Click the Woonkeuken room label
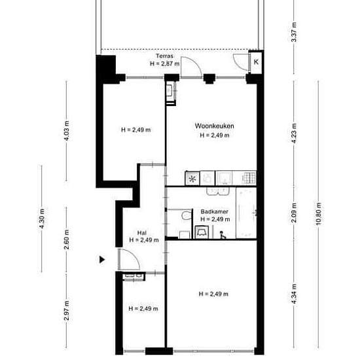pos(215,126)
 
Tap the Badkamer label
pos(215,211)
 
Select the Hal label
pos(141,233)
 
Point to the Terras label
pos(164,56)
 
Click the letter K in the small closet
pos(256,62)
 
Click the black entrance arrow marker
pos(102,260)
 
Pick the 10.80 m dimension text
pos(318,214)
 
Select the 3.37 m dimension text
pos(294,32)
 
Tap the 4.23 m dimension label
pos(294,134)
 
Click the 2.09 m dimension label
pos(294,213)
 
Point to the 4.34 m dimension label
pos(294,294)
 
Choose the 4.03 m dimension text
pos(66,131)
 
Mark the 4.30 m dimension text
pos(41,219)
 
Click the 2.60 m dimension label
pos(66,240)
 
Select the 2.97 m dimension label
pos(66,310)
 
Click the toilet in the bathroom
pos(187,215)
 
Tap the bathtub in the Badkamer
pos(246,213)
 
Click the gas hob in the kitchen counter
pos(249,177)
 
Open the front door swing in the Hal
pos(129,259)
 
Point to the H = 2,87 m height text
pos(164,63)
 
